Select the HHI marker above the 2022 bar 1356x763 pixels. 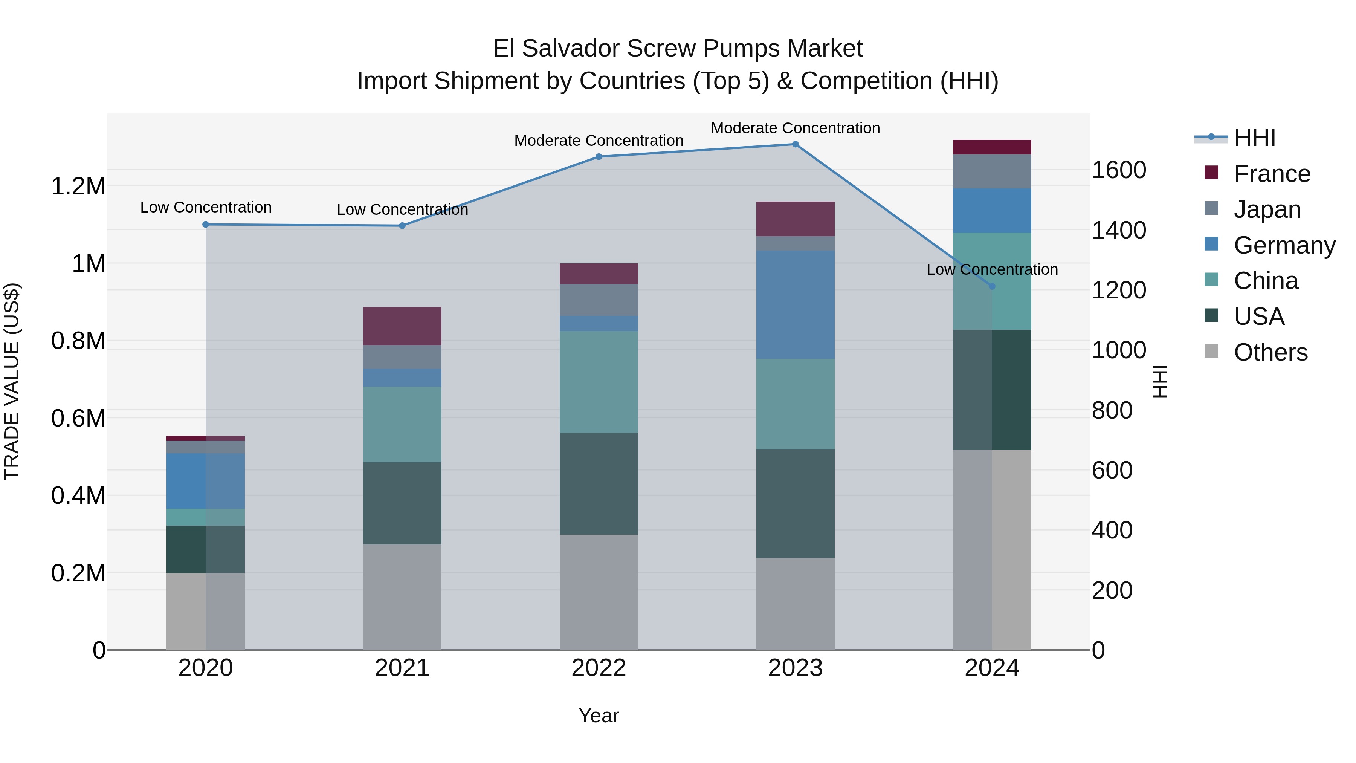(599, 156)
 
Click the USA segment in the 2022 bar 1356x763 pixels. (599, 483)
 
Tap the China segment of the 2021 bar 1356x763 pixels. (402, 424)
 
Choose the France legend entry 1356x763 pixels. (1271, 174)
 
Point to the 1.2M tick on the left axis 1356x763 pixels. (78, 187)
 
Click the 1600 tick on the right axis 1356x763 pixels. (1119, 170)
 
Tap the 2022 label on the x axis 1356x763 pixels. (599, 668)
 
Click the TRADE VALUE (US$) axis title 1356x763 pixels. (12, 381)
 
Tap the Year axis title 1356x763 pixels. (599, 716)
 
